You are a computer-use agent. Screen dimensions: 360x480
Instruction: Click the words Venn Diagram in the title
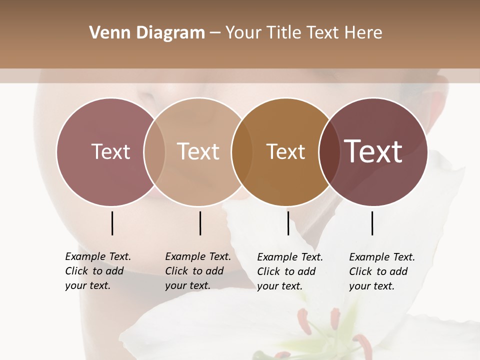[147, 33]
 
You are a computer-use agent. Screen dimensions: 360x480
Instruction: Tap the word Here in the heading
[363, 33]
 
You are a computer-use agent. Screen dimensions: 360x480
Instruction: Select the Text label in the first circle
[110, 151]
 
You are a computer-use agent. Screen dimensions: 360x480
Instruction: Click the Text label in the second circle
[198, 151]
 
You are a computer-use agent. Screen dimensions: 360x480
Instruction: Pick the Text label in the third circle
[285, 151]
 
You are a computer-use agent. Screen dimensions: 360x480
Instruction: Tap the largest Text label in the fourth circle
[373, 151]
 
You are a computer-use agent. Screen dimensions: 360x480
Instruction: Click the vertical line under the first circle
[112, 223]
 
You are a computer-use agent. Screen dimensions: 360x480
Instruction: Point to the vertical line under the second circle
[200, 223]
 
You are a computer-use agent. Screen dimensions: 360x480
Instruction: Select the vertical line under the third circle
[288, 223]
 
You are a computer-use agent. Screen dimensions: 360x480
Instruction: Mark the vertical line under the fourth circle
[372, 223]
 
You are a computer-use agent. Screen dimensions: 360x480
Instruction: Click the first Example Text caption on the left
[98, 256]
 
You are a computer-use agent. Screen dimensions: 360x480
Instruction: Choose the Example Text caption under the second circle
[198, 256]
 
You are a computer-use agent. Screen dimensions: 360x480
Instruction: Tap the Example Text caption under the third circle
[290, 257]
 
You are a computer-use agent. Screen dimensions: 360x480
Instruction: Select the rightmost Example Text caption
[382, 257]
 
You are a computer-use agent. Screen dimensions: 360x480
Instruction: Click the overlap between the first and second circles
[154, 151]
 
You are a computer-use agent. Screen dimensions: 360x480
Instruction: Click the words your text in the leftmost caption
[87, 286]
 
